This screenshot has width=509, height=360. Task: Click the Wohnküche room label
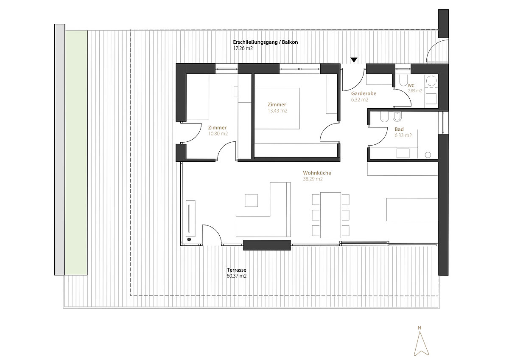317,173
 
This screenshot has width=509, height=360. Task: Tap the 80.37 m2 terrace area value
237,276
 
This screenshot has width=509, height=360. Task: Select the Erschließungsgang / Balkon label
266,42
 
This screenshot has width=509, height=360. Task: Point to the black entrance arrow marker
354,60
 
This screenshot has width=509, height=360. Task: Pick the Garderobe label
364,93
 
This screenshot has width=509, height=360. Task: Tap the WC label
411,85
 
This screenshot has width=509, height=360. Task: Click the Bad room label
399,129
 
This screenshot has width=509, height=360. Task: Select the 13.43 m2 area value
277,111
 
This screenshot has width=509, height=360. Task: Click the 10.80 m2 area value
218,134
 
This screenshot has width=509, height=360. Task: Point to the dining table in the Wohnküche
330,215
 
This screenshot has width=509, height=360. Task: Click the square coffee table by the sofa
251,200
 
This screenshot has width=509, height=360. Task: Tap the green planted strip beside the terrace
76,152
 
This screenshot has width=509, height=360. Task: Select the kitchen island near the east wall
412,209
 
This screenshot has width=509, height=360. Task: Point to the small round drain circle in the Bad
428,155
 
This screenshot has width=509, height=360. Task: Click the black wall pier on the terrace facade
267,245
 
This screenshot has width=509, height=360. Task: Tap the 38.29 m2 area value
313,179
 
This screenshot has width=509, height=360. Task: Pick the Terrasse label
236,270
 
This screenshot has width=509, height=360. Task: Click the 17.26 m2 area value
243,48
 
